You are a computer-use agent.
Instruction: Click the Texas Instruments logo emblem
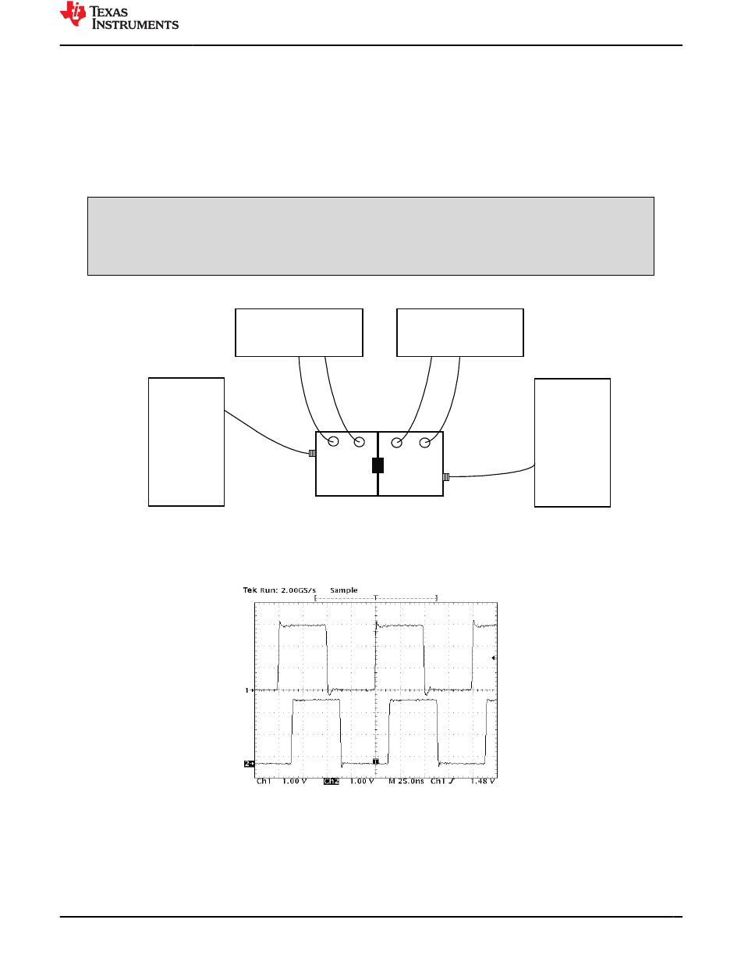(73, 14)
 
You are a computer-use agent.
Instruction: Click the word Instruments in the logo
(135, 24)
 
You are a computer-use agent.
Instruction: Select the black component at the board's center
(378, 465)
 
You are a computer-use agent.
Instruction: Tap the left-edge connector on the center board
(312, 454)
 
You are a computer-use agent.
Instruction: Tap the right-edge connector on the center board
(446, 477)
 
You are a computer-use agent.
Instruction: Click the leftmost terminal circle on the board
(333, 441)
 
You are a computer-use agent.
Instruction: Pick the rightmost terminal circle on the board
(425, 443)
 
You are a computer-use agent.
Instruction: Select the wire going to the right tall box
(493, 474)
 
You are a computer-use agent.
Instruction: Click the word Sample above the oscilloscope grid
(344, 590)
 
